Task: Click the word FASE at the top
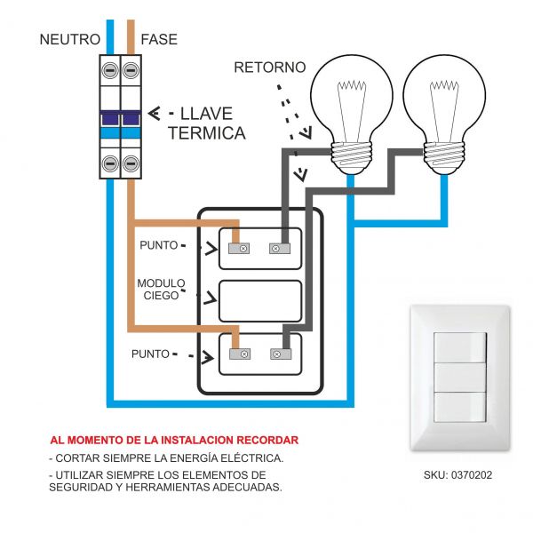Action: pos(158,39)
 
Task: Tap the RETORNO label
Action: pos(269,68)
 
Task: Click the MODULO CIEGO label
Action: pos(160,290)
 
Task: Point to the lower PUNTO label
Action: pos(150,354)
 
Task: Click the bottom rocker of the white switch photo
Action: pos(459,406)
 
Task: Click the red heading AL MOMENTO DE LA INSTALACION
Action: pos(174,440)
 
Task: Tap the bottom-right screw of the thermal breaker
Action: pos(131,163)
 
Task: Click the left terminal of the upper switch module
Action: pos(238,249)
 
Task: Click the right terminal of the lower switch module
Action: pos(277,354)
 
